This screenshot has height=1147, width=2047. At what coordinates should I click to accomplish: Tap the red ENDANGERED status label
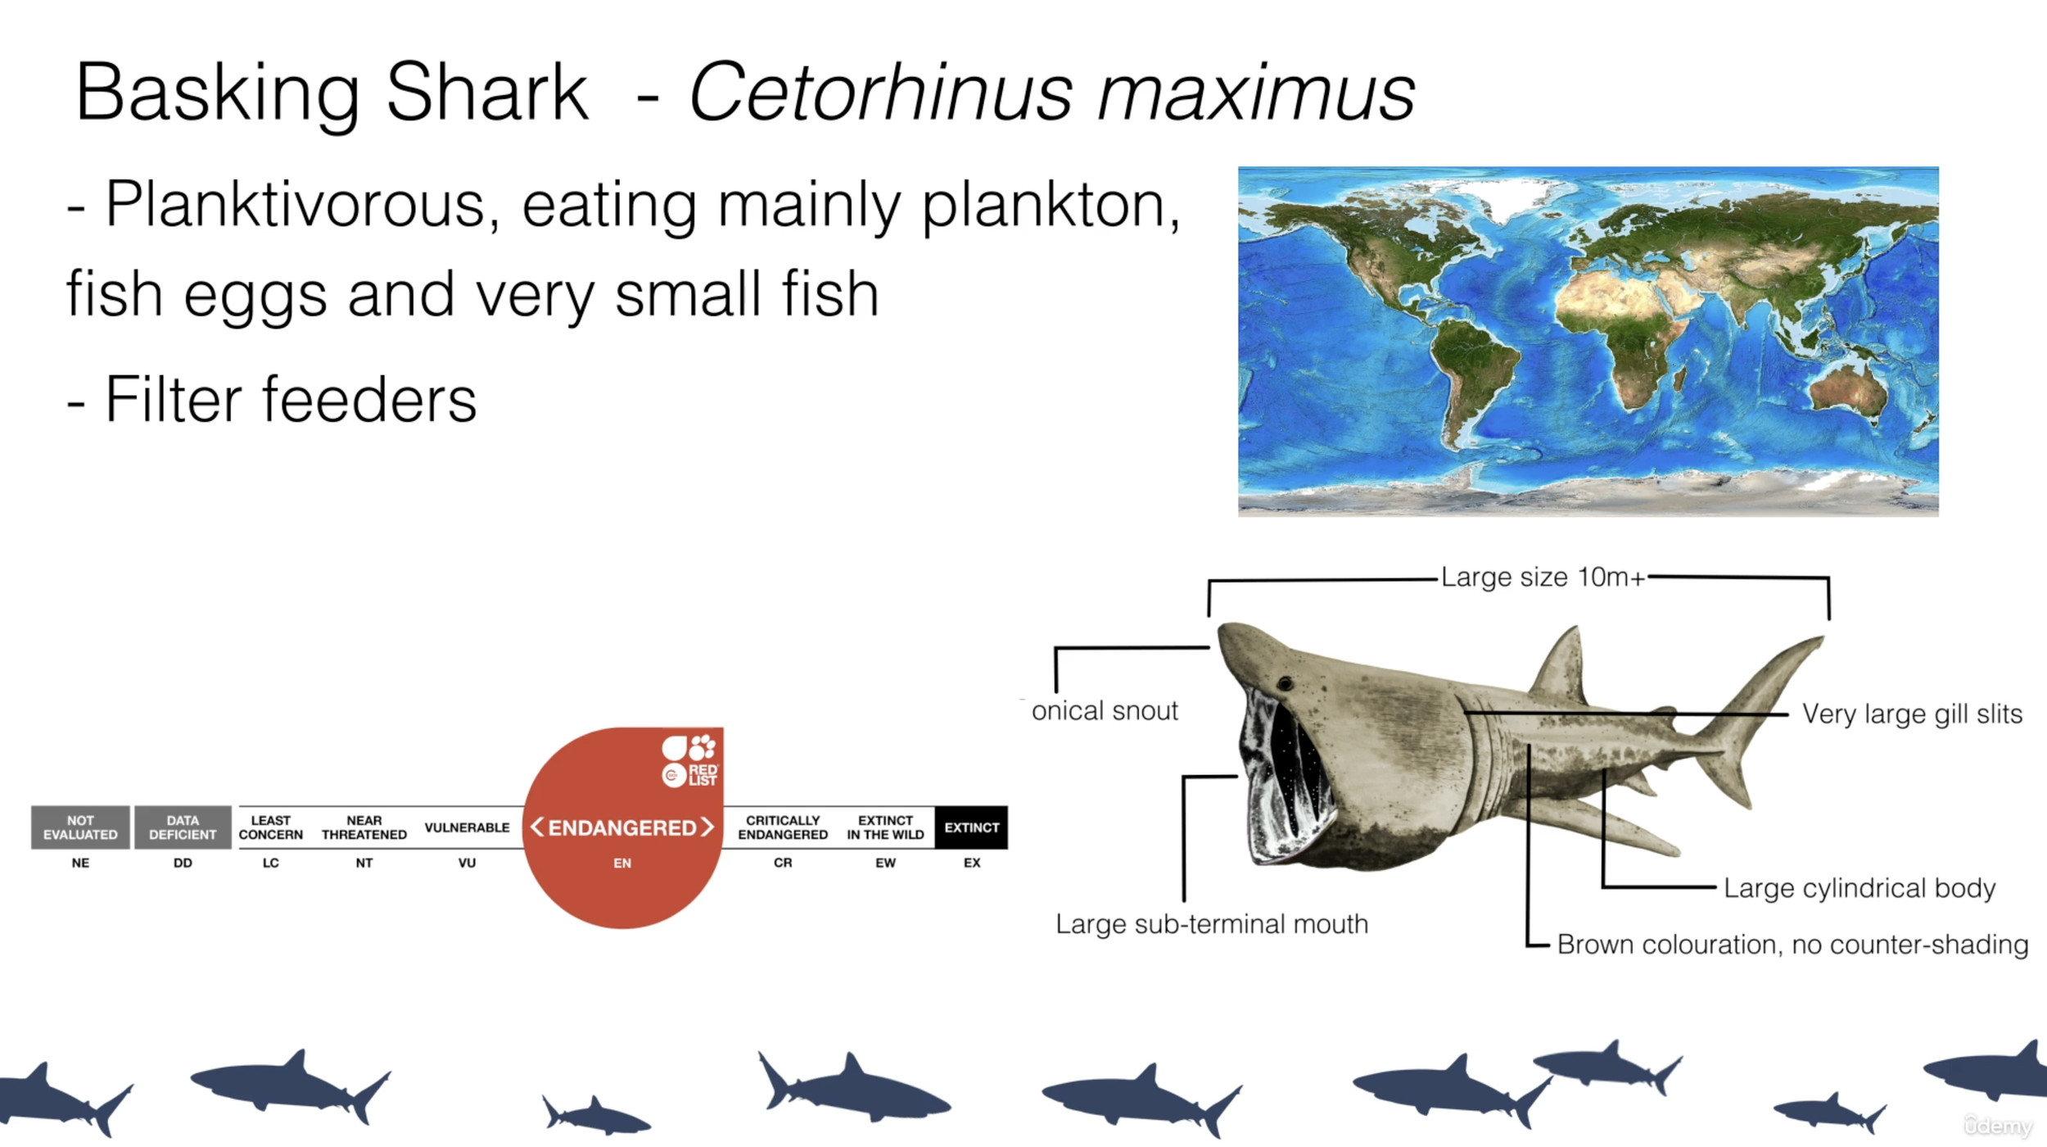pyautogui.click(x=622, y=827)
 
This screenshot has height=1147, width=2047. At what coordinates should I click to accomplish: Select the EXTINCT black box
pyautogui.click(x=971, y=827)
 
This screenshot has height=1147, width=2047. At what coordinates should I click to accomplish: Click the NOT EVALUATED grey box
pyautogui.click(x=80, y=827)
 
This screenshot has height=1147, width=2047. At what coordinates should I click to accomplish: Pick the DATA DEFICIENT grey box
pyautogui.click(x=183, y=827)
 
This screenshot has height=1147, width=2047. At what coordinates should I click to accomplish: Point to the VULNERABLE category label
pyautogui.click(x=467, y=827)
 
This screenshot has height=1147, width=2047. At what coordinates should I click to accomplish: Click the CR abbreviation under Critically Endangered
pyautogui.click(x=783, y=863)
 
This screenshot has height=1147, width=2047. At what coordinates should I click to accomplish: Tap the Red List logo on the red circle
pyautogui.click(x=689, y=761)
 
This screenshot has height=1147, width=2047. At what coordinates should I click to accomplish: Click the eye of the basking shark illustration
pyautogui.click(x=1285, y=683)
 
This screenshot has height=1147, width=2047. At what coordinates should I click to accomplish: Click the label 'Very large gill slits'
pyautogui.click(x=1911, y=714)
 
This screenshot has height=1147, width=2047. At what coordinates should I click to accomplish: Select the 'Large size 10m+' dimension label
pyautogui.click(x=1543, y=578)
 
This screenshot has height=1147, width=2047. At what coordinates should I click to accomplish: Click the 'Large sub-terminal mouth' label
pyautogui.click(x=1211, y=924)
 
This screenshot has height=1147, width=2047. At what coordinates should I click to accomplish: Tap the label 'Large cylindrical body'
pyautogui.click(x=1859, y=888)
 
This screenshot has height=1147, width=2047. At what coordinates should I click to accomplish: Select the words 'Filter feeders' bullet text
pyautogui.click(x=291, y=400)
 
